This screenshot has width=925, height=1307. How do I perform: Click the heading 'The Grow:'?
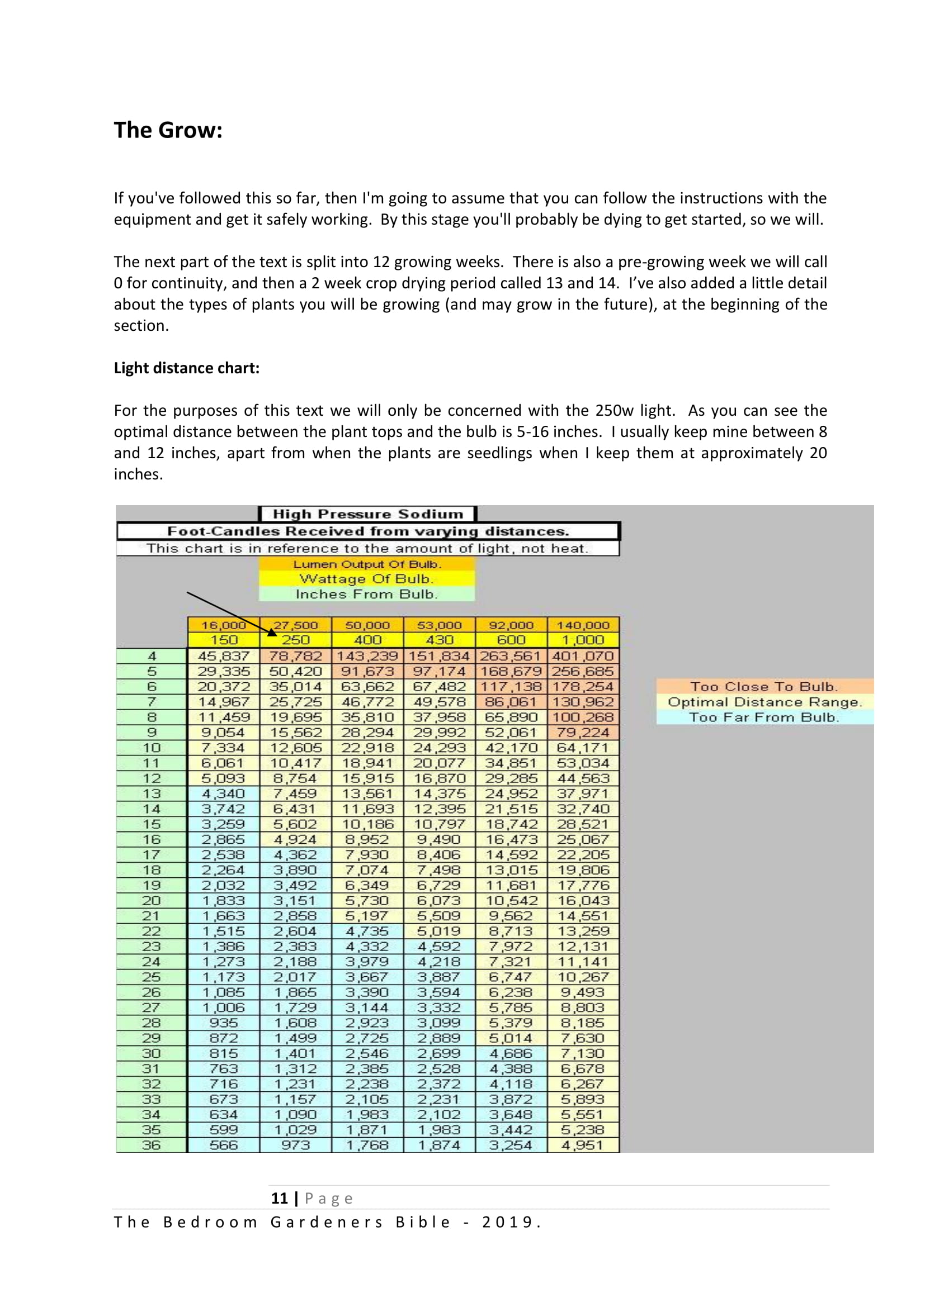tap(168, 130)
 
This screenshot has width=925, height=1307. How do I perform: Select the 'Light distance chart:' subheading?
tap(186, 368)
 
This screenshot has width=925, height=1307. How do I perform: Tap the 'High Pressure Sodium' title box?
tap(367, 514)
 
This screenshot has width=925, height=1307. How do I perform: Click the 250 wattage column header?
tap(296, 640)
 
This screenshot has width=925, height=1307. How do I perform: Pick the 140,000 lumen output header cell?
tap(583, 625)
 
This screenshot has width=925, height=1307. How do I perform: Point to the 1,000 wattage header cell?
tap(583, 640)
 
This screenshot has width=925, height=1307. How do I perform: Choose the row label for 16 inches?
tap(152, 840)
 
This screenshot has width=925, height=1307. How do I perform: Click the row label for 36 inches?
tap(152, 1145)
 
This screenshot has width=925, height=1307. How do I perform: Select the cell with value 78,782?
tap(296, 657)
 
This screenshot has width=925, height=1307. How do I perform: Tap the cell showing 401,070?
tap(583, 657)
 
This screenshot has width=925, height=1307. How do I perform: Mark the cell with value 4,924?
tap(296, 840)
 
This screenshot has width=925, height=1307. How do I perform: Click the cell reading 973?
tap(296, 1145)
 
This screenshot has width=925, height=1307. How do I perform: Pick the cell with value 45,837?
tap(224, 657)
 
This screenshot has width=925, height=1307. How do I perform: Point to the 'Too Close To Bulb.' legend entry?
tap(764, 687)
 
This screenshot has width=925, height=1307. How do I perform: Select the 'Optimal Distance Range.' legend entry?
tap(764, 702)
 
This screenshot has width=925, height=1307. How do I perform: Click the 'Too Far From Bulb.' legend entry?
tap(764, 717)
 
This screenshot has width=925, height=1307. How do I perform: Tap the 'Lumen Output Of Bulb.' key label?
tap(367, 564)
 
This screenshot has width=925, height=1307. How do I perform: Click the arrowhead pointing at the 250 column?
tap(272, 632)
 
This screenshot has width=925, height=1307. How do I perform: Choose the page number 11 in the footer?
tap(279, 1198)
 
